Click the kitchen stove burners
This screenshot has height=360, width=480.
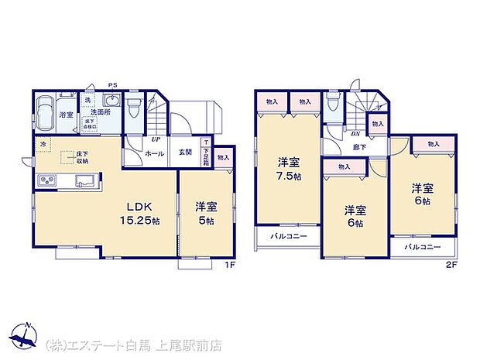46,182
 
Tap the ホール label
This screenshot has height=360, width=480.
153,153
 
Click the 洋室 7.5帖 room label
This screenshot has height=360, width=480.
288,170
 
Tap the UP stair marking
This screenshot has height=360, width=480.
156,139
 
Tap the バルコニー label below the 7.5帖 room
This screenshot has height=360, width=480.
288,237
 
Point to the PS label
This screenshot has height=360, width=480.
112,85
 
